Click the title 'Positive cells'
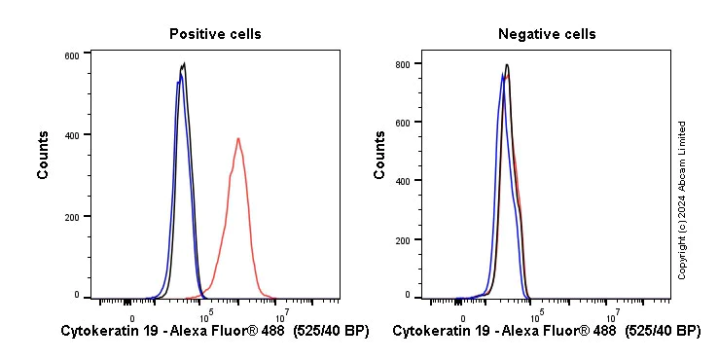(215, 34)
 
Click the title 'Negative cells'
(547, 34)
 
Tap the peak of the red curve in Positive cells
(237, 138)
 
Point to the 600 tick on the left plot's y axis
(71, 55)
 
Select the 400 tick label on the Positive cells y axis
(71, 134)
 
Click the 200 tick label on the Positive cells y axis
(71, 215)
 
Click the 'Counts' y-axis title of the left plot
(44, 155)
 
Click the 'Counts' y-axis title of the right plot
(379, 155)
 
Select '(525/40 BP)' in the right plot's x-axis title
(662, 332)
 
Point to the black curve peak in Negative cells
(507, 65)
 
